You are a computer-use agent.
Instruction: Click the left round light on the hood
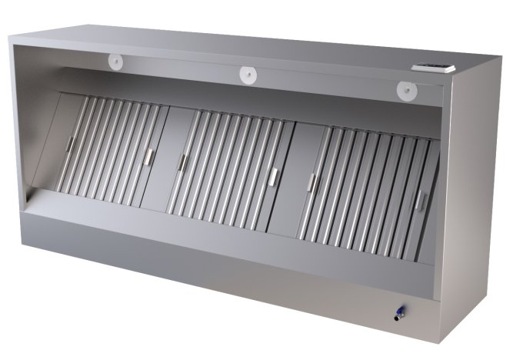click(117, 61)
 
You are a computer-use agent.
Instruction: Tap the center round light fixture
click(248, 75)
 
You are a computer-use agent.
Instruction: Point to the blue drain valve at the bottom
click(398, 313)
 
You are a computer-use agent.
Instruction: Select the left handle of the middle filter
click(182, 162)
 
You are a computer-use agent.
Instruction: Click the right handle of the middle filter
click(274, 176)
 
